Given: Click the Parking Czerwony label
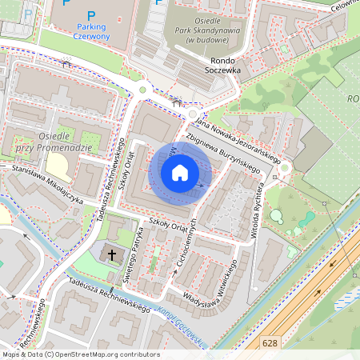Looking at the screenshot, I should tap(90, 30).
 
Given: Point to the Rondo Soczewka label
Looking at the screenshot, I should tap(226, 65).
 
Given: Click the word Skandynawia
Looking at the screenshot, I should tap(213, 30).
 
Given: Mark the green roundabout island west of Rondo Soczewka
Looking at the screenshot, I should tap(143, 90).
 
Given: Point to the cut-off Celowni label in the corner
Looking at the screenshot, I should tap(346, 6).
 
